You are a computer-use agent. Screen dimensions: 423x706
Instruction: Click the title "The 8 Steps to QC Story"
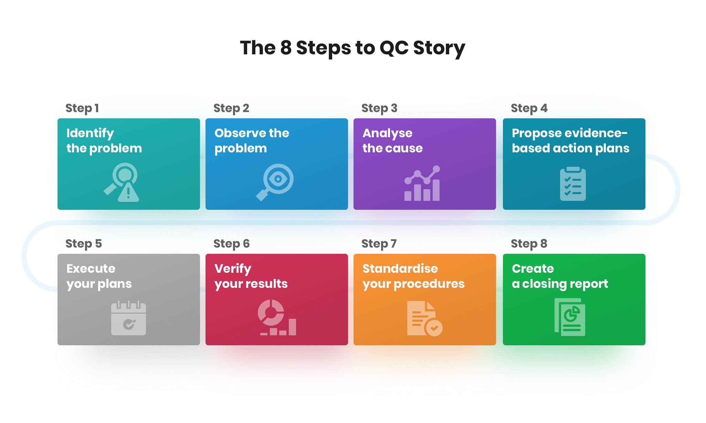click(352, 48)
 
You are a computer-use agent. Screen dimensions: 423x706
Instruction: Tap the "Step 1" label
click(82, 108)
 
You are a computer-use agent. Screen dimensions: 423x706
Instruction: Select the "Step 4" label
click(529, 108)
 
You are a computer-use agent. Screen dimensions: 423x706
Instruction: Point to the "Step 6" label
click(231, 244)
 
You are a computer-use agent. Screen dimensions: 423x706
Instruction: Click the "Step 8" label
click(529, 244)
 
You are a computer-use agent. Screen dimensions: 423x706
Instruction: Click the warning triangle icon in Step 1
click(128, 193)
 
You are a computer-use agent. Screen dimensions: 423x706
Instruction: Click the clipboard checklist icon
click(573, 184)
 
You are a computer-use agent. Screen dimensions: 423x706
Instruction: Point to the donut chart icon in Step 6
click(271, 312)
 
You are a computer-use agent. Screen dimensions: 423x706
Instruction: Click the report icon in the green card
click(570, 317)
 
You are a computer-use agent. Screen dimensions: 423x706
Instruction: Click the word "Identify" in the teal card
click(90, 133)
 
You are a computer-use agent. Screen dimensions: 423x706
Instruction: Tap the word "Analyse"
click(387, 133)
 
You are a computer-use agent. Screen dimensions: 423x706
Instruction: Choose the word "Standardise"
click(400, 269)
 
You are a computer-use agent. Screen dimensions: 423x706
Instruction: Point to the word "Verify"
click(233, 269)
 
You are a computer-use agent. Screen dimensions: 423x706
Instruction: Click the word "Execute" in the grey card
click(91, 269)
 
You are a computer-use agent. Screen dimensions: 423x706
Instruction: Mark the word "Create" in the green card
click(533, 269)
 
